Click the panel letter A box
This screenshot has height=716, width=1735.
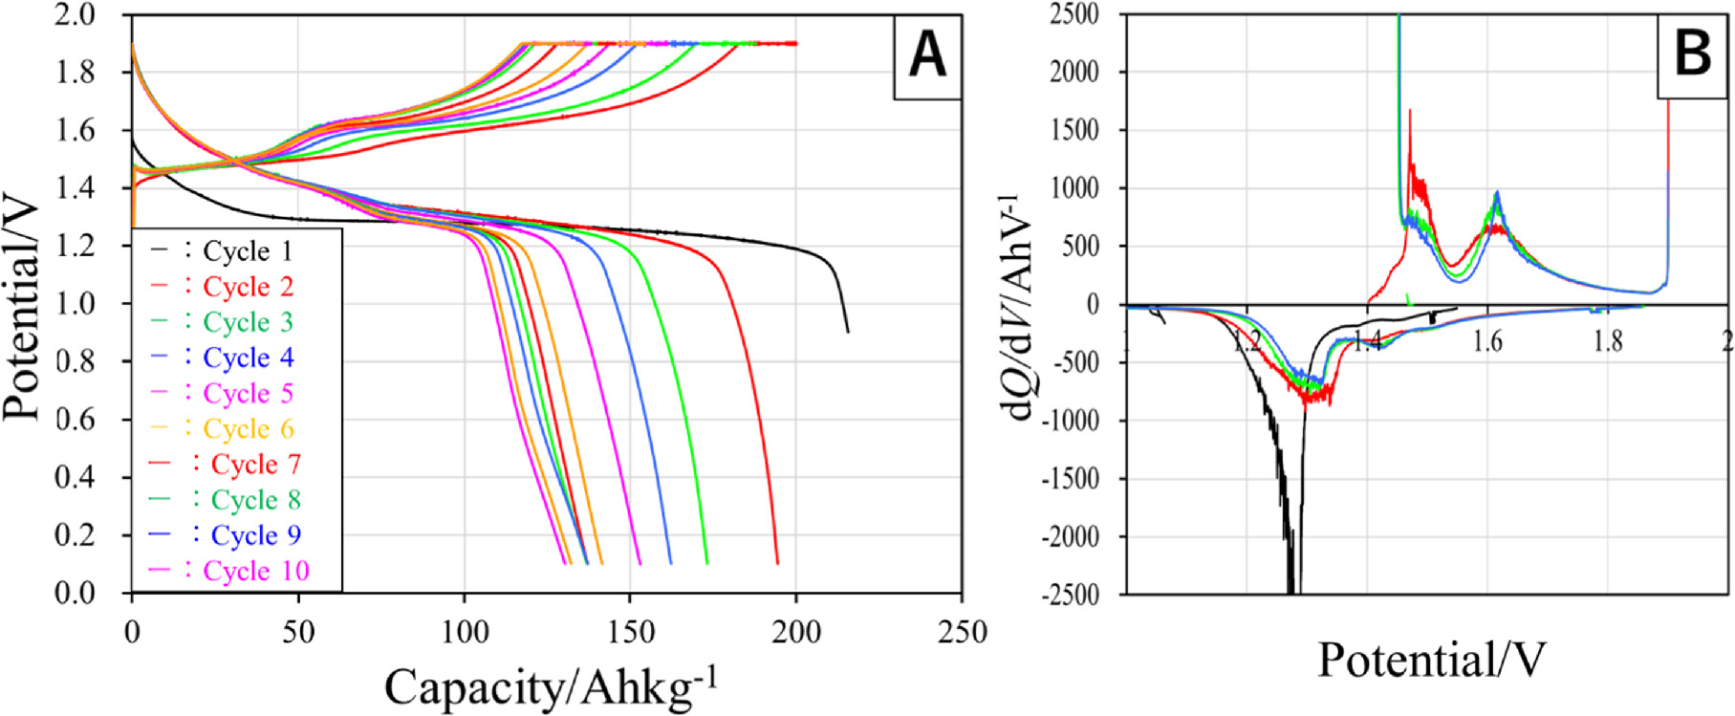[926, 54]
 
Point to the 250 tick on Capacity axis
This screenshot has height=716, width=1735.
[961, 632]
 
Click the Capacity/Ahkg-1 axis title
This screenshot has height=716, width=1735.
[551, 685]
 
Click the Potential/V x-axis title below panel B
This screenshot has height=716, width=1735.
[1431, 660]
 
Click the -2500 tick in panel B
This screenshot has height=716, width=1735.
[1074, 594]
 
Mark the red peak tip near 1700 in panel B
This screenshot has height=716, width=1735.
[1410, 111]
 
